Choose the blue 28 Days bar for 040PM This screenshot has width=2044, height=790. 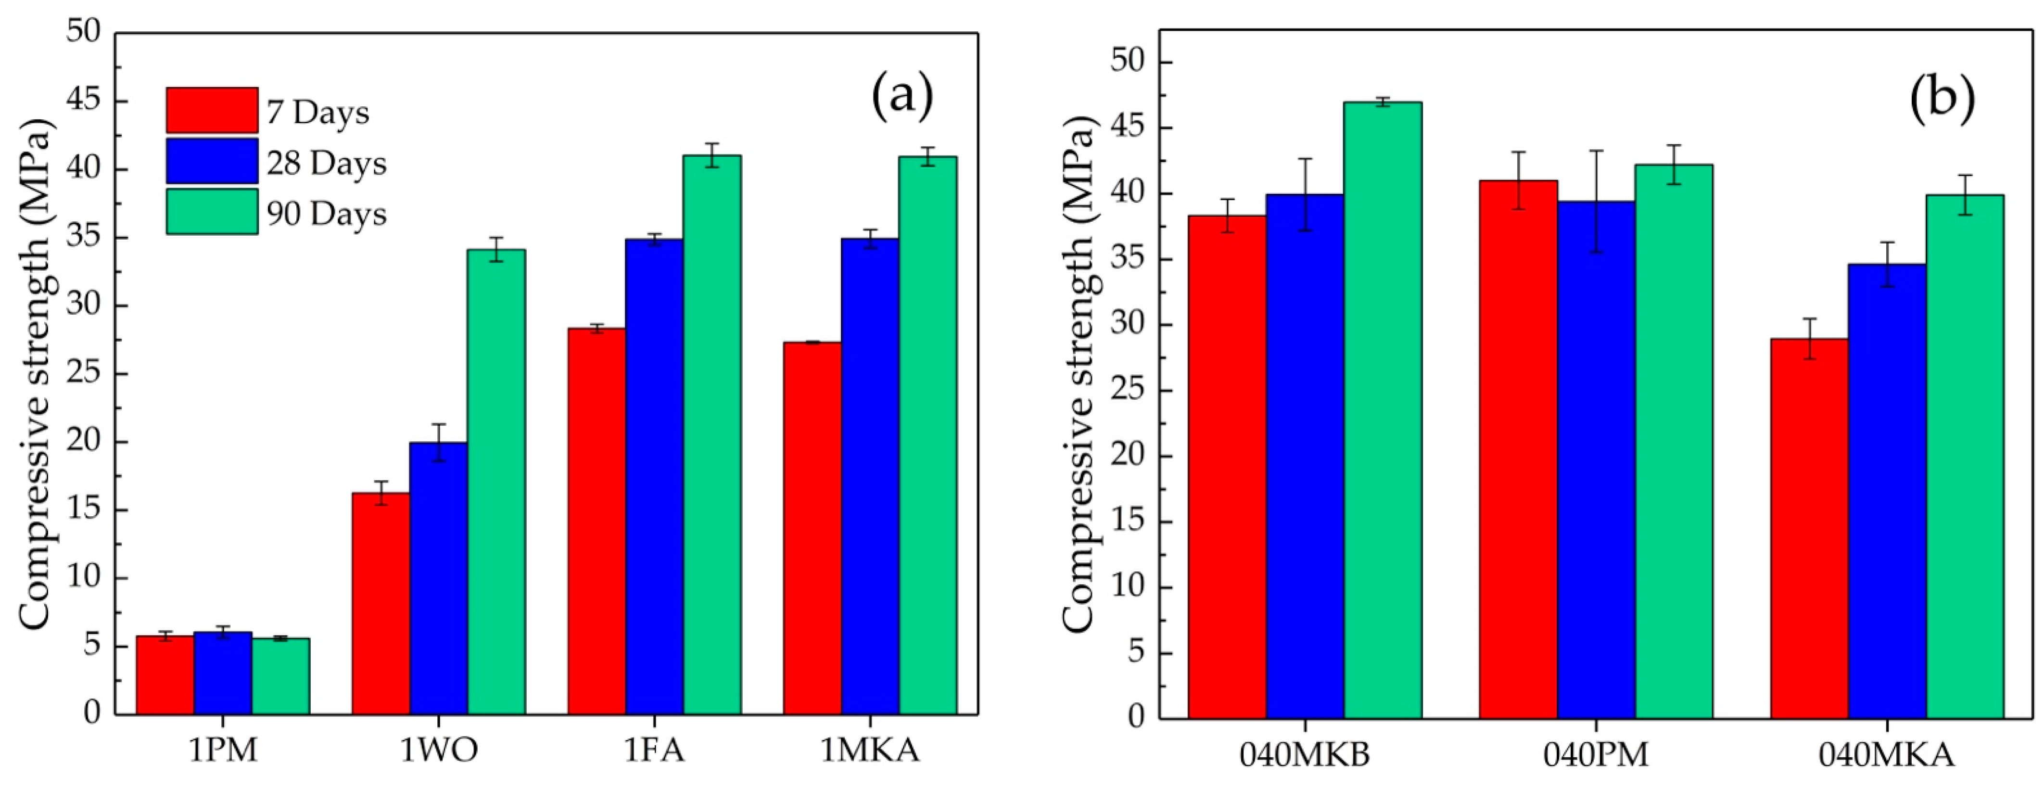(x=1597, y=460)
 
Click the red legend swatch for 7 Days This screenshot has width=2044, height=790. (x=212, y=110)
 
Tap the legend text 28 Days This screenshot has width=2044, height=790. (x=326, y=164)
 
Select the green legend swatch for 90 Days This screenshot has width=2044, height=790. (x=212, y=211)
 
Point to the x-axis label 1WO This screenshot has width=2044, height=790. (x=439, y=750)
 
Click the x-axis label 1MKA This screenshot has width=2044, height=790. (x=870, y=750)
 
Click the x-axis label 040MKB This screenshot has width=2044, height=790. (x=1305, y=754)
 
